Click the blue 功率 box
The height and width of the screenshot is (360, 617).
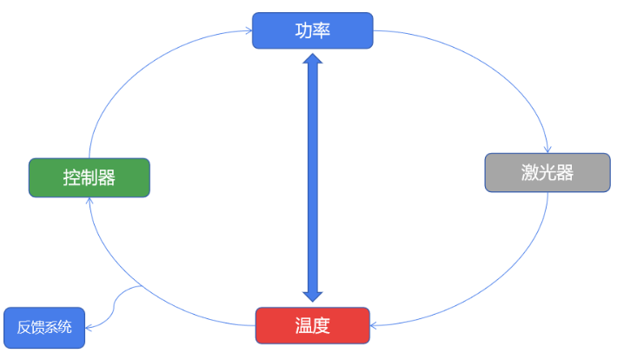click(313, 30)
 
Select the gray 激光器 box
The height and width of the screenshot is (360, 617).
click(547, 172)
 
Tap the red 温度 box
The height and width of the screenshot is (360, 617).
click(313, 325)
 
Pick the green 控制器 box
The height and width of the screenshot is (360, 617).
click(90, 177)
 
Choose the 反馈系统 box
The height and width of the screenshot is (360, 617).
click(44, 328)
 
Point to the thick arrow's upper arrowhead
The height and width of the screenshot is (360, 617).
click(313, 61)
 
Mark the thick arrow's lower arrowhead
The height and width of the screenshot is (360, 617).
click(313, 294)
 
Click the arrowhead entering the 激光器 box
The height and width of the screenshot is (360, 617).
click(547, 150)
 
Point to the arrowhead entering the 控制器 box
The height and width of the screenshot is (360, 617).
click(90, 201)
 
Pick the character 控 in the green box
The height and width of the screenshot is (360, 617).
click(72, 177)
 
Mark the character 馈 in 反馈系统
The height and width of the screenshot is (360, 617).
click(38, 328)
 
